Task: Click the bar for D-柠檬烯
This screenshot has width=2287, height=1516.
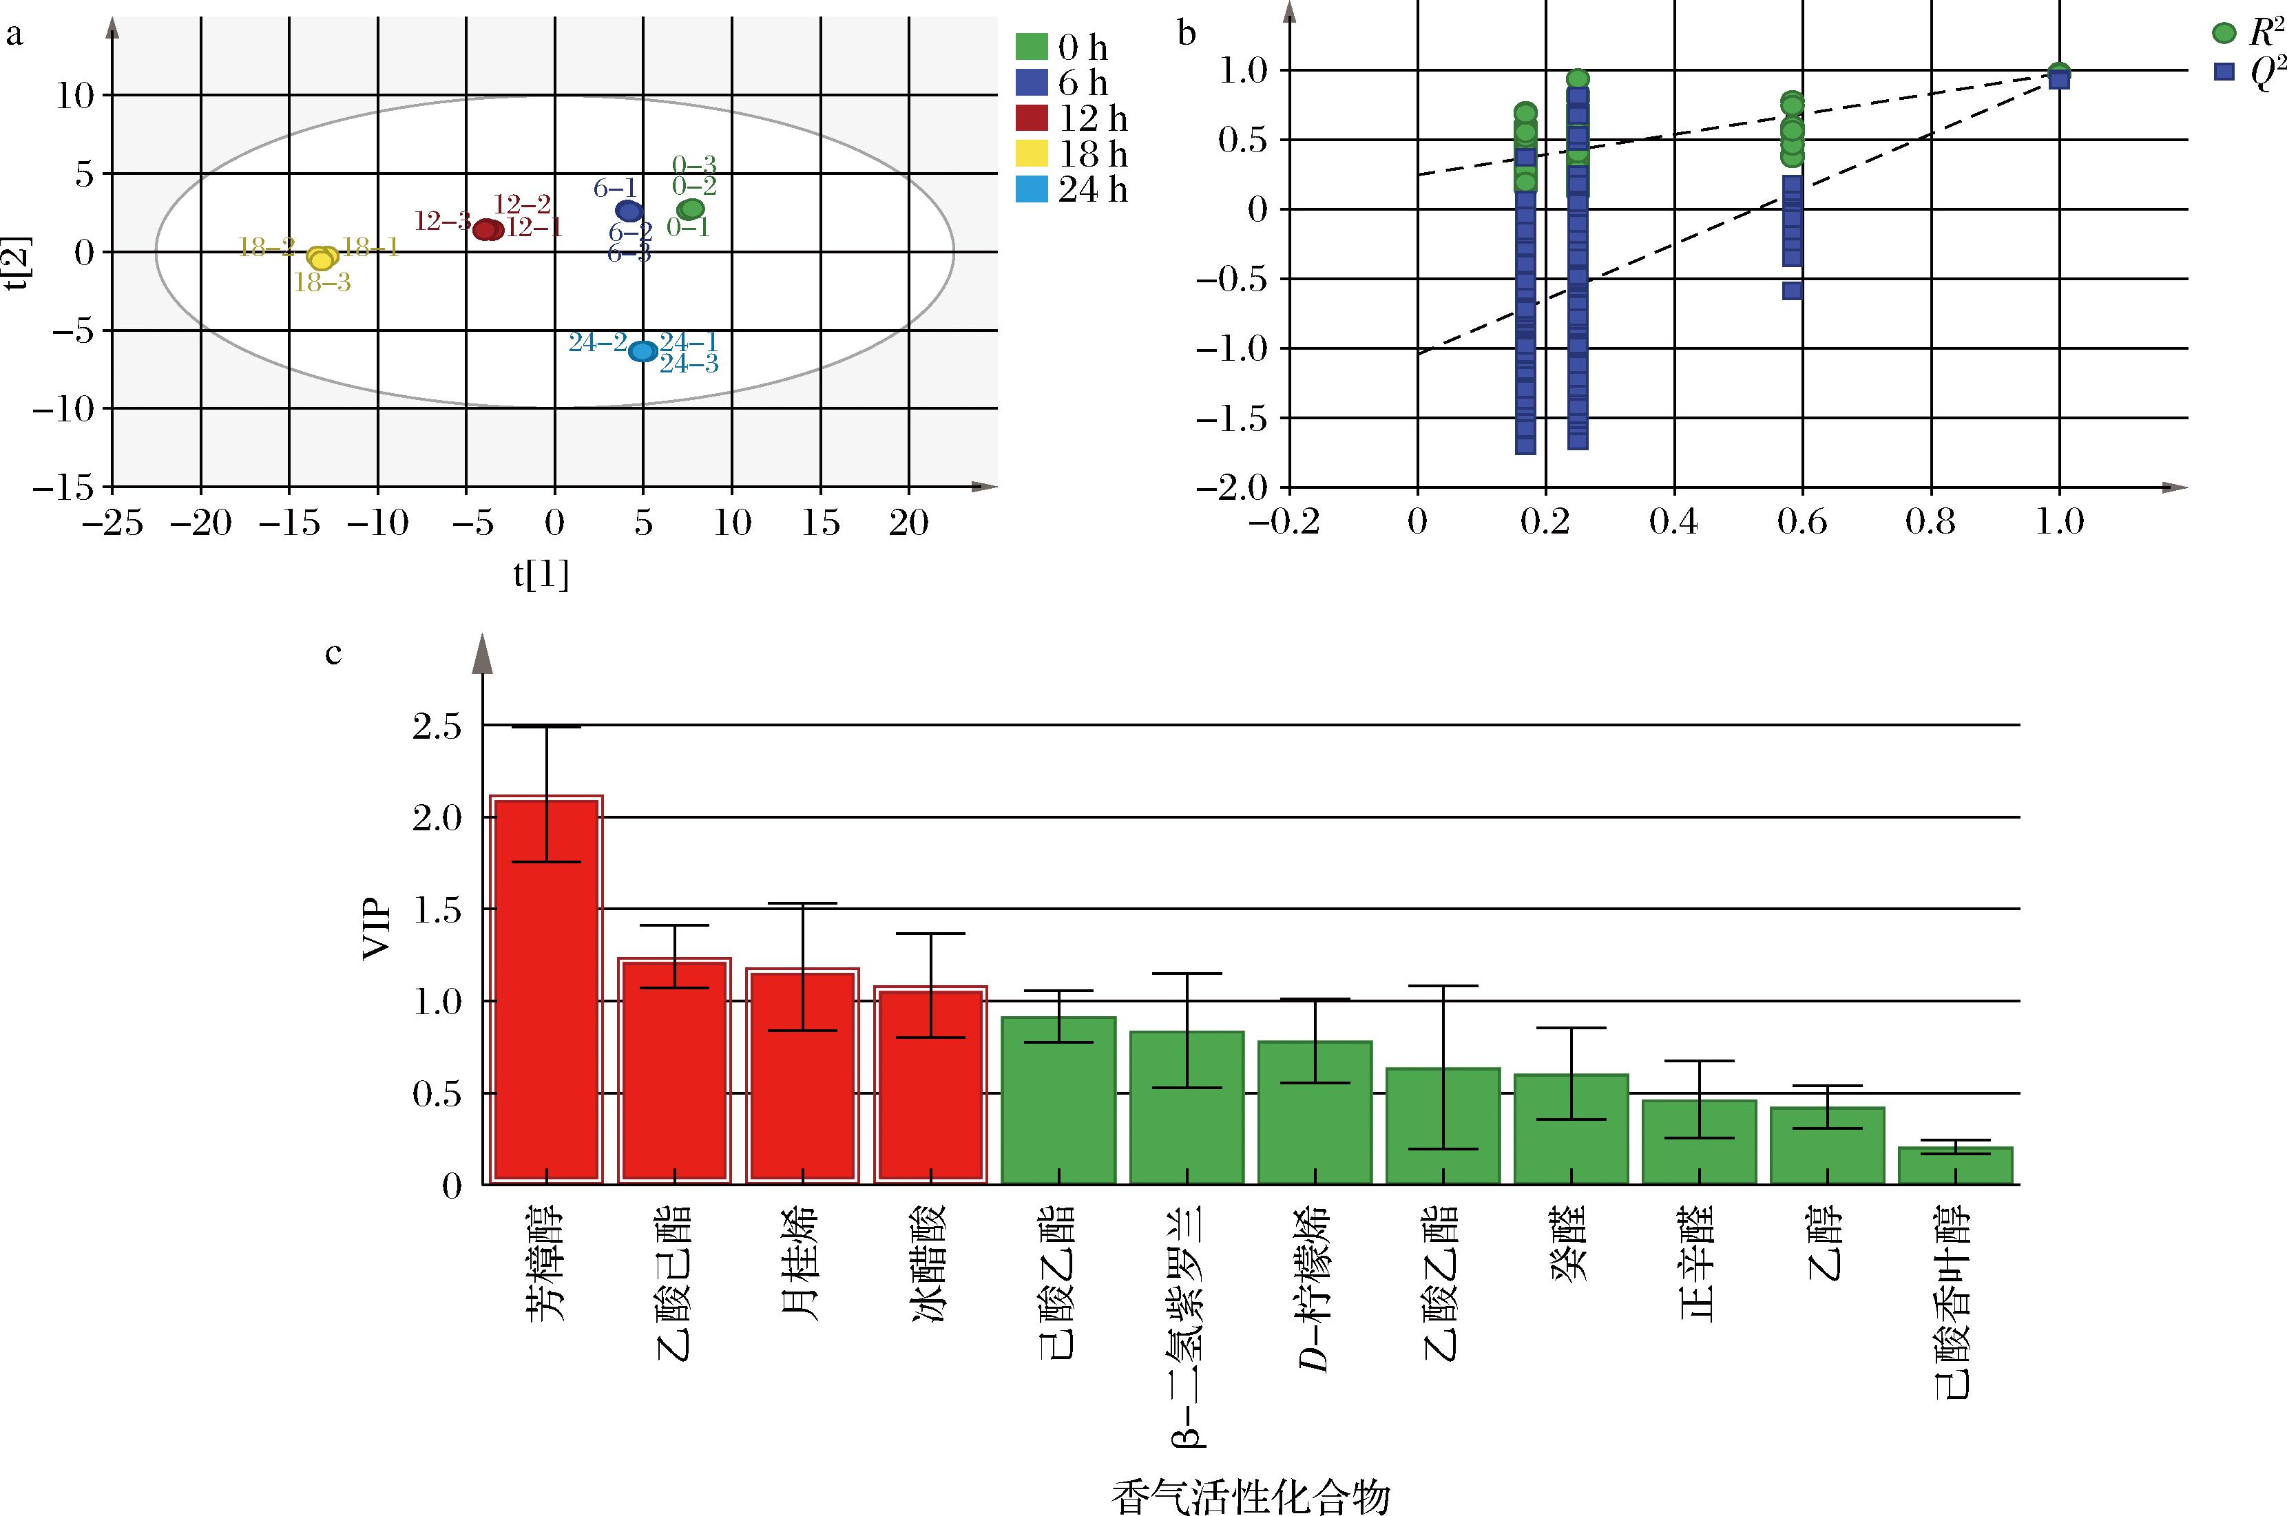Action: (1314, 1112)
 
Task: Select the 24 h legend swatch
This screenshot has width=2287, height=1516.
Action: (1032, 189)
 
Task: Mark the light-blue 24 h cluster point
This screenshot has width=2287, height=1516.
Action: (642, 351)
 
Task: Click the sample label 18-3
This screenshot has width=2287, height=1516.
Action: (322, 283)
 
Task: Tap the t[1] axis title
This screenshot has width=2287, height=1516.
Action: (541, 576)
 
